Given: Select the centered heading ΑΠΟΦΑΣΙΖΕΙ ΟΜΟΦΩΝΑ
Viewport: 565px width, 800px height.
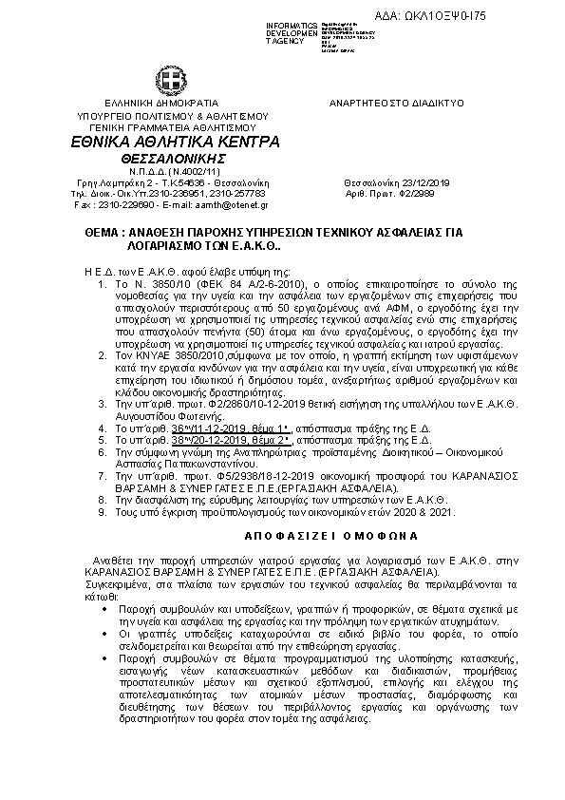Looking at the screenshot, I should tap(280, 535).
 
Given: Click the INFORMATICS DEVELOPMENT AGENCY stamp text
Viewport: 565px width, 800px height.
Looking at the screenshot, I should tap(291, 33).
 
